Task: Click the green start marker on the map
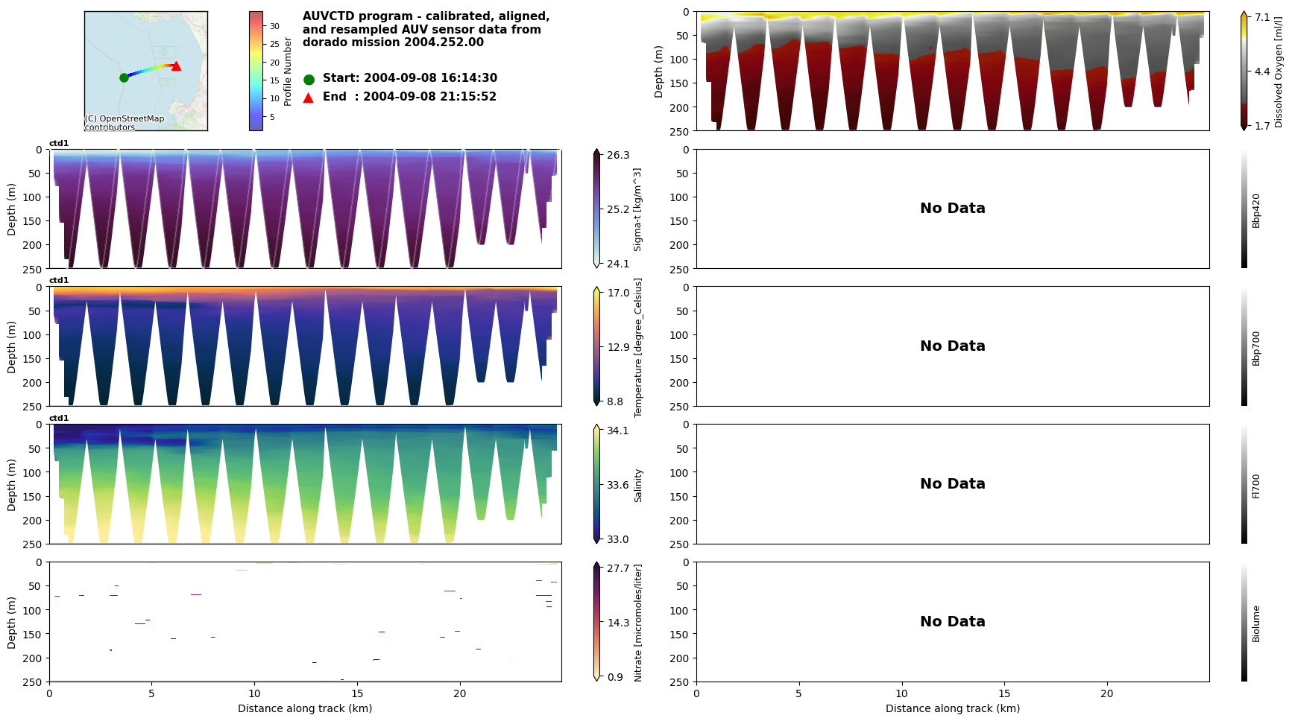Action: (x=124, y=77)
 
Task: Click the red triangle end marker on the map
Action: (x=176, y=66)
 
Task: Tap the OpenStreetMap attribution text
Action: (x=124, y=123)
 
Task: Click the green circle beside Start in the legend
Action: (x=309, y=79)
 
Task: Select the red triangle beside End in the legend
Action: (x=309, y=98)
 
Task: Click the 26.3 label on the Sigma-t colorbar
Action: (x=618, y=155)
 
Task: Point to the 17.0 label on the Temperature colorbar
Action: (x=618, y=293)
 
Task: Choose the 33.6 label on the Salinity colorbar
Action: (x=617, y=485)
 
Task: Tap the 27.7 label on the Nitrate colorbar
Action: (x=618, y=568)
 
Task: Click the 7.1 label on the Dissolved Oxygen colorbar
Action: (x=1262, y=17)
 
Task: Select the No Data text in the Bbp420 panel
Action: (x=952, y=209)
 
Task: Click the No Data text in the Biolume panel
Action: (x=952, y=622)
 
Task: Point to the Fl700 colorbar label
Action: (x=1256, y=486)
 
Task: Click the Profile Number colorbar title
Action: (x=288, y=72)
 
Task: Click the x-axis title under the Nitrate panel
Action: (x=305, y=708)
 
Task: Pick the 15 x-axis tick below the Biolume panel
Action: (x=1004, y=693)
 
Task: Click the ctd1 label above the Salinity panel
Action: (x=59, y=419)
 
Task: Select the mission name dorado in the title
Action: (x=323, y=42)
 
